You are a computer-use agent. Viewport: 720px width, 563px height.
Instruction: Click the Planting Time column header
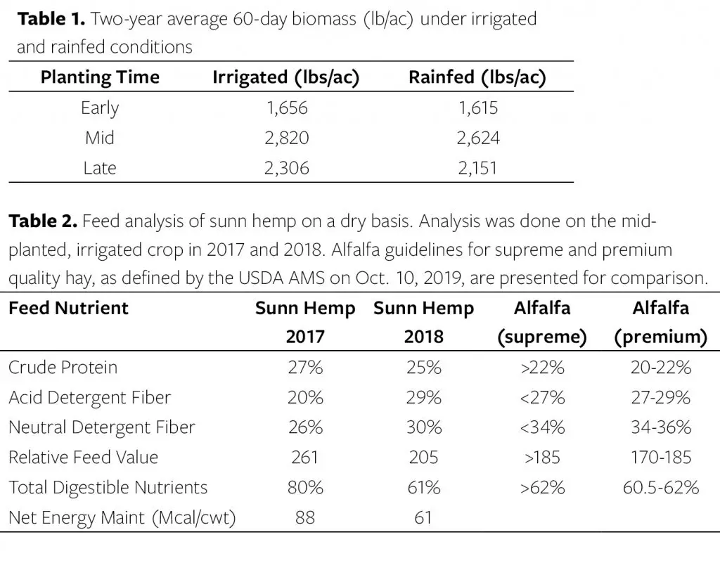coord(100,77)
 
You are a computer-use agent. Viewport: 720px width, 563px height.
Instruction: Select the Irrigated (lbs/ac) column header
coord(285,77)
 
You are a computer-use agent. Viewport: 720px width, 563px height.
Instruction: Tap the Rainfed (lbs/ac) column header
coord(477,77)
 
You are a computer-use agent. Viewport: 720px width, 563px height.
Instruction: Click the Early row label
coord(100,108)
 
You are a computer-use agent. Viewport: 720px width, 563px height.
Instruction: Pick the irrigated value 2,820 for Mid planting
coord(286,138)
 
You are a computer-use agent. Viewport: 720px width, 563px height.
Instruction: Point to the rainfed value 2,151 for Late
coord(477,168)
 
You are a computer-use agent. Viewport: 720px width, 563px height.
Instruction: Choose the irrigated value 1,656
coord(286,108)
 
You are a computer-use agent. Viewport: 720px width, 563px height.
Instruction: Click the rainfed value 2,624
coord(477,138)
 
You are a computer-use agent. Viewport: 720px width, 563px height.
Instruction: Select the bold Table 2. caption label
coord(42,222)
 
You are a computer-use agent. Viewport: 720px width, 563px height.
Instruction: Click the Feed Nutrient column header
coord(68,308)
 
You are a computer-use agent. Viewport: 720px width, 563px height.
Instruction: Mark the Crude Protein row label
coord(63,367)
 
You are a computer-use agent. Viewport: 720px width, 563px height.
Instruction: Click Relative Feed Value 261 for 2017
coord(304,457)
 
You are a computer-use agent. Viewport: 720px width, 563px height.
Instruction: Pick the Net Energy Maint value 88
coord(304,517)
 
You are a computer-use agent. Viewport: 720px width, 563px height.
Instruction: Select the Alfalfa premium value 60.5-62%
coord(660,487)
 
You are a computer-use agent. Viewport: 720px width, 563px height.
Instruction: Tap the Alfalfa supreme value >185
coord(541,457)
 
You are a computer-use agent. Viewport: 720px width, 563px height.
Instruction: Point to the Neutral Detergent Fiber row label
coord(101,427)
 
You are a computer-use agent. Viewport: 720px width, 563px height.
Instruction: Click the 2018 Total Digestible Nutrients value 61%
coord(423,487)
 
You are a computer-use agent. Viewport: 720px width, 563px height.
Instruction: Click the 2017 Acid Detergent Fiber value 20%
coord(304,397)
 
